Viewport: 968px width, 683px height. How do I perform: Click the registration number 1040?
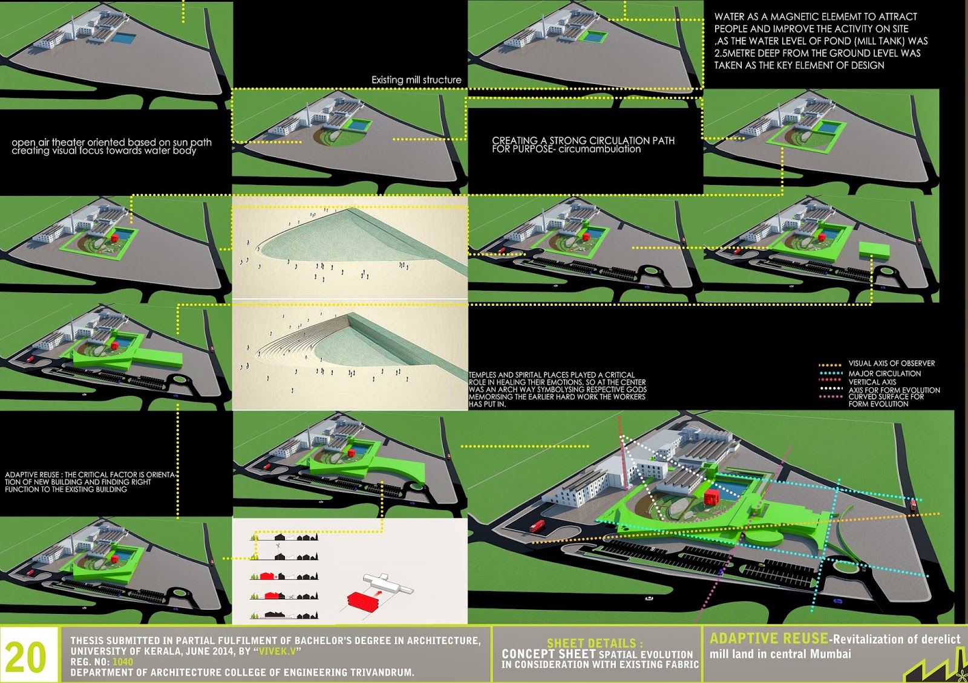click(x=123, y=661)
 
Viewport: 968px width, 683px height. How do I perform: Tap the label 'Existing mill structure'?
click(x=416, y=80)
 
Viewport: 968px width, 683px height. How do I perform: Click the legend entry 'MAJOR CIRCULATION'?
click(x=884, y=374)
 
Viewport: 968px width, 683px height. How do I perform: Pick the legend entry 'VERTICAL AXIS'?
click(x=872, y=382)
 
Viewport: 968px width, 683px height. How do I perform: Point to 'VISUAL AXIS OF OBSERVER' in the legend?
click(x=892, y=363)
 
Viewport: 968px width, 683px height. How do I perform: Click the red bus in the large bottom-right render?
click(x=537, y=526)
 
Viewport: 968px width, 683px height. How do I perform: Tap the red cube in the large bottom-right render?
click(x=710, y=497)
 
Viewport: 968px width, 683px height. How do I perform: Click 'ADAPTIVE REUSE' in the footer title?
click(x=769, y=638)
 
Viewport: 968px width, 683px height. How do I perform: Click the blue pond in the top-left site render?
click(x=123, y=39)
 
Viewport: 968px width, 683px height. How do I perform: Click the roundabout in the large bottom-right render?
click(x=846, y=566)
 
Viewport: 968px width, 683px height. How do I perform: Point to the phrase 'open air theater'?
click(x=48, y=143)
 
